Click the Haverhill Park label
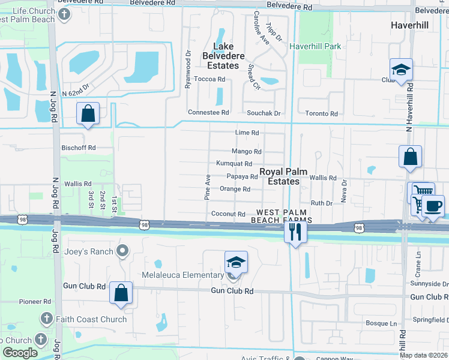pyautogui.click(x=315, y=46)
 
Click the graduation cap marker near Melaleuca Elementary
pyautogui.click(x=236, y=262)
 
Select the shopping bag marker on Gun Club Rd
pyautogui.click(x=121, y=293)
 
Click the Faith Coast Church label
pyautogui.click(x=92, y=319)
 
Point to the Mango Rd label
pyautogui.click(x=247, y=152)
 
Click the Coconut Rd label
pyautogui.click(x=228, y=214)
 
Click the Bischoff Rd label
pyautogui.click(x=79, y=148)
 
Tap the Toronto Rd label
pyautogui.click(x=322, y=113)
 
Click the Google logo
pyautogui.click(x=20, y=353)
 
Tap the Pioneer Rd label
pyautogui.click(x=34, y=301)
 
